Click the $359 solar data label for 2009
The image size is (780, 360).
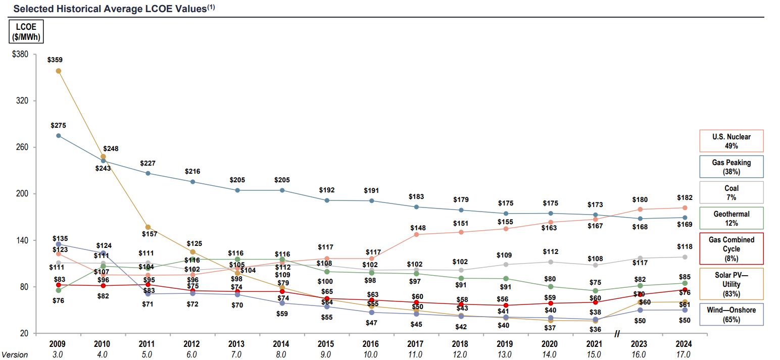55,60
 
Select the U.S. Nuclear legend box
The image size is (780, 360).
731,141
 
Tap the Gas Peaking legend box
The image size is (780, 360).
731,167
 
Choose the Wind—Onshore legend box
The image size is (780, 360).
731,314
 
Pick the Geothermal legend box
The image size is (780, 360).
731,218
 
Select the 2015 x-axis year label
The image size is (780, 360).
326,344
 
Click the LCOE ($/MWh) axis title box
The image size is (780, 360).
26,31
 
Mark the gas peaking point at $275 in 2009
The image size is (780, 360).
59,136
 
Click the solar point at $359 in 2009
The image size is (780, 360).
59,71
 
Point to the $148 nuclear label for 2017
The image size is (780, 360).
417,228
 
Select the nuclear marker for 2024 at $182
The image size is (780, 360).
685,208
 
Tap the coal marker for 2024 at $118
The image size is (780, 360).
685,257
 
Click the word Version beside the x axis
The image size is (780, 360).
14,355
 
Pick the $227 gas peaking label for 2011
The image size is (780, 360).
148,164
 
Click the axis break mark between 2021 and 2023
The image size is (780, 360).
617,334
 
